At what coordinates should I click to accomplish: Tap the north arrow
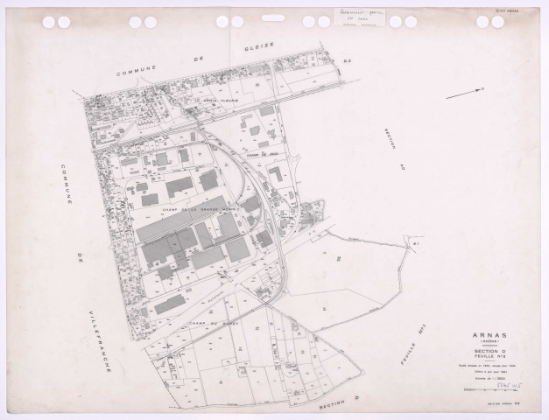465,92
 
